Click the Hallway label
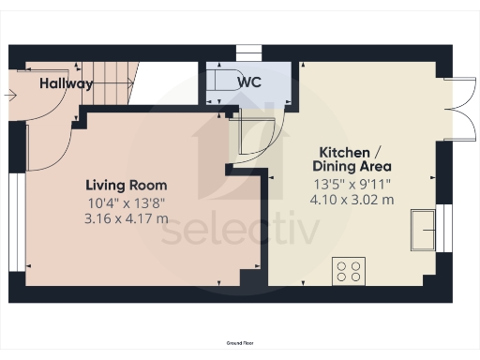coord(66,83)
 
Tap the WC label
coord(248,82)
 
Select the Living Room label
coord(127,185)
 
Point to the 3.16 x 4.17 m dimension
coord(127,218)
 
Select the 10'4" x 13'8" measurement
coord(127,202)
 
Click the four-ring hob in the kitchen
coord(349,272)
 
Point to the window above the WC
coord(247,52)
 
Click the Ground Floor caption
coord(240,344)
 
